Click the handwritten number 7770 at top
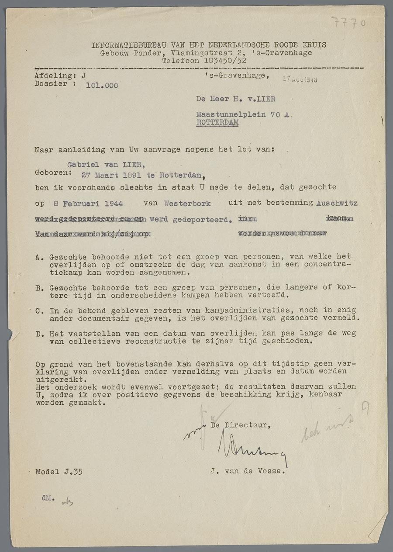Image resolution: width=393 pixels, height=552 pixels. click(x=348, y=22)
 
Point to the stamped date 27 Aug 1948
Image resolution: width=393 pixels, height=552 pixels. click(x=300, y=79)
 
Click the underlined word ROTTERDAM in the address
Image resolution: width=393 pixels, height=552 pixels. click(x=217, y=123)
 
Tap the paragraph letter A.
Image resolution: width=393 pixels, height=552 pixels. click(x=38, y=257)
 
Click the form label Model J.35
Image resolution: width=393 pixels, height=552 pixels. click(x=59, y=472)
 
